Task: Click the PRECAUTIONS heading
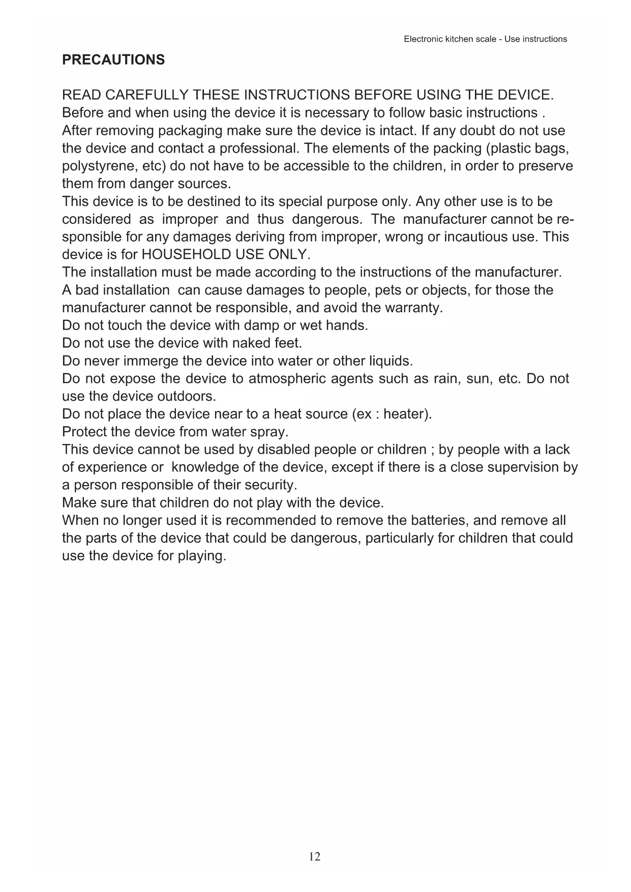click(113, 60)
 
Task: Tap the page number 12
click(315, 856)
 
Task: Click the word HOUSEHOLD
click(187, 254)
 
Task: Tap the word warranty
click(416, 308)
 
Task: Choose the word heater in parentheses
click(405, 414)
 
